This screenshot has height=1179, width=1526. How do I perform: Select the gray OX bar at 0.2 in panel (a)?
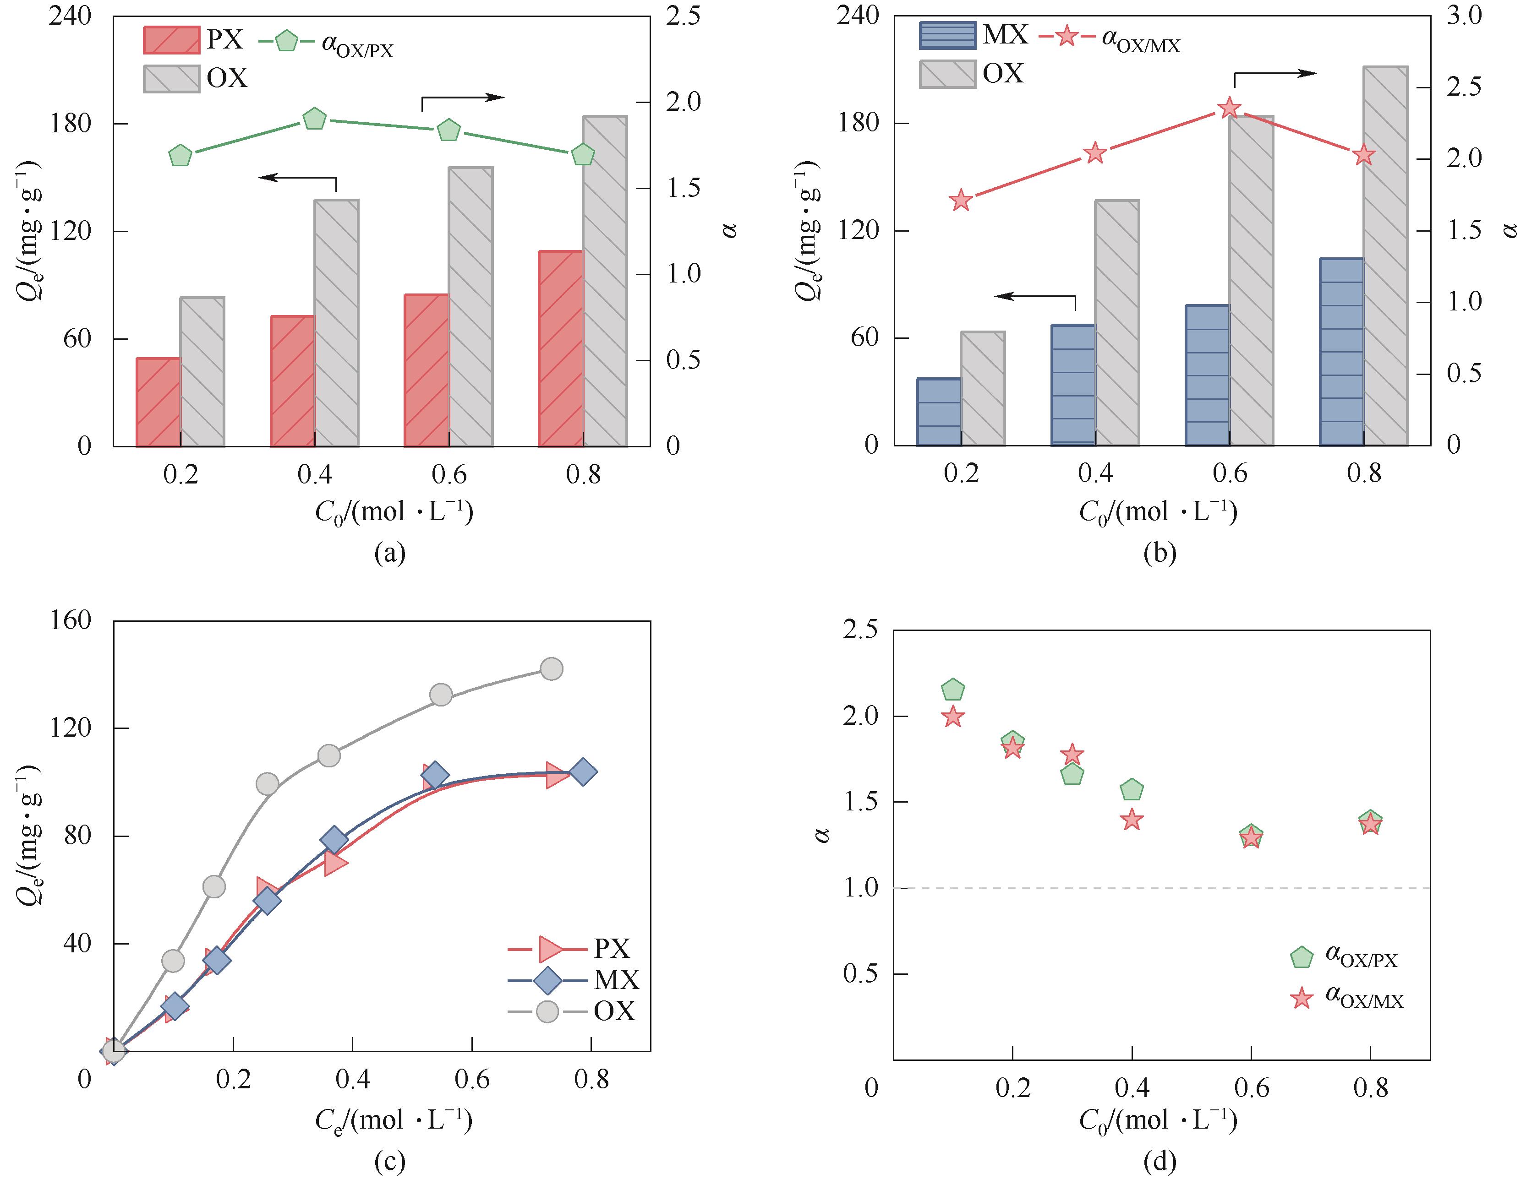coord(202,372)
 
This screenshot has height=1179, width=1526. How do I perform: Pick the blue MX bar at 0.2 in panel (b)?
coord(938,412)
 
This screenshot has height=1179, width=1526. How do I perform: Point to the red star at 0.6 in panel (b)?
coord(1229,108)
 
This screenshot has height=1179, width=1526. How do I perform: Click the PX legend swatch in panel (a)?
coord(171,40)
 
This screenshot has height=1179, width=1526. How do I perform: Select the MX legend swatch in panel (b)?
coord(947,35)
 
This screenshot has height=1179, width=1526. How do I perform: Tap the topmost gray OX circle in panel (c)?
coord(551,668)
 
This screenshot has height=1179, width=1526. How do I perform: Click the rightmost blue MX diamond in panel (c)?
coord(583,772)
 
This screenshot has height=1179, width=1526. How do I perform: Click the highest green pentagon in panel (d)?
coord(953,690)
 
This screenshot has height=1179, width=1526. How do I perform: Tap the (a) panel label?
coord(390,553)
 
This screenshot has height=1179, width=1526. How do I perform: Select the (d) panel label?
coord(1160,1161)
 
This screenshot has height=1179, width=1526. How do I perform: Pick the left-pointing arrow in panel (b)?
coord(1034,297)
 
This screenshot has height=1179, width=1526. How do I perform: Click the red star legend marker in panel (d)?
coord(1301,999)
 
